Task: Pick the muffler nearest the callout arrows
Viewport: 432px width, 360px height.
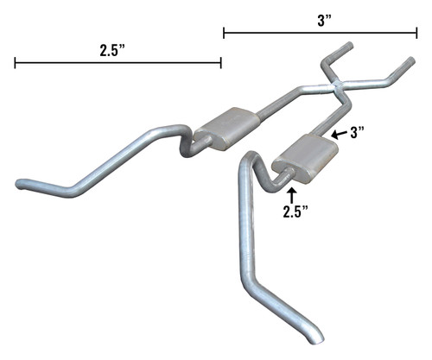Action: click(x=302, y=155)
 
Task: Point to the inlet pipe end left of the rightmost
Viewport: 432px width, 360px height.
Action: click(x=348, y=45)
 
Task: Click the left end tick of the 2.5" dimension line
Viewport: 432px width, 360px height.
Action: click(x=15, y=62)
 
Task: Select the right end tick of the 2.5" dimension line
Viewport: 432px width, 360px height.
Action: click(x=221, y=62)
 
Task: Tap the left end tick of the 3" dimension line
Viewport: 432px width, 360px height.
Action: click(x=224, y=34)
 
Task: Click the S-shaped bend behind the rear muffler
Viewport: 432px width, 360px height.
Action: click(x=183, y=142)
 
